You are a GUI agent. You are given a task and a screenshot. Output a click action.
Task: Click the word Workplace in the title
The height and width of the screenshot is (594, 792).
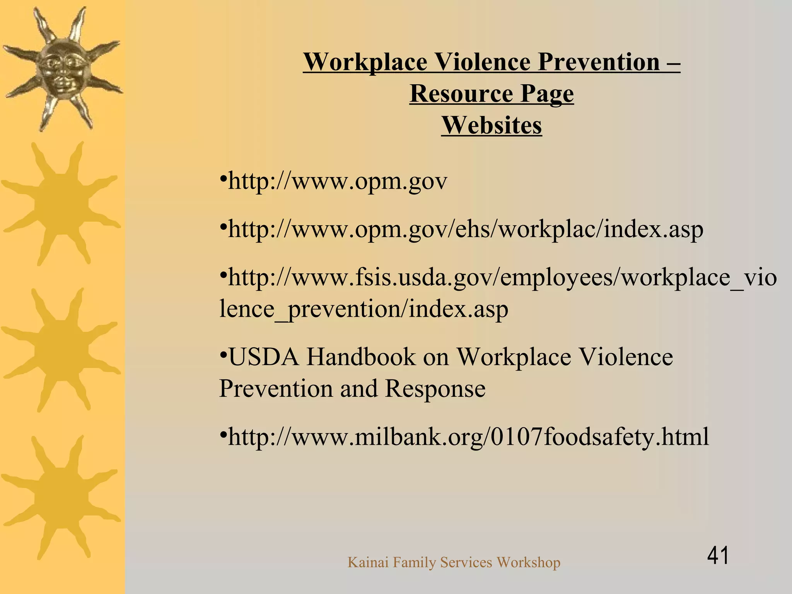click(365, 62)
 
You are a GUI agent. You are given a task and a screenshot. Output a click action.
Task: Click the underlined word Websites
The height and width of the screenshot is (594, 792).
click(492, 125)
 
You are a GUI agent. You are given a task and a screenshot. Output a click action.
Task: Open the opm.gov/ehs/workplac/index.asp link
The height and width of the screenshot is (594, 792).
click(465, 229)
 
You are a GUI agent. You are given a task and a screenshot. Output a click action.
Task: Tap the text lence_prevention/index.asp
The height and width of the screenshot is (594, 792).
click(364, 309)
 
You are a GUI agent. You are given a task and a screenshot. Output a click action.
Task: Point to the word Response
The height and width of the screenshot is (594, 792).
click(435, 388)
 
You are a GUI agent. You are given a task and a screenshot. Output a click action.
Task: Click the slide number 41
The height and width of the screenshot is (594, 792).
click(718, 555)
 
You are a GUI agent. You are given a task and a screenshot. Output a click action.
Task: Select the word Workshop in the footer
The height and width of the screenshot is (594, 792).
click(528, 562)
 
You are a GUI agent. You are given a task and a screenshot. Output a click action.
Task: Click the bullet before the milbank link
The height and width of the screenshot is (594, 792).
click(223, 435)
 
